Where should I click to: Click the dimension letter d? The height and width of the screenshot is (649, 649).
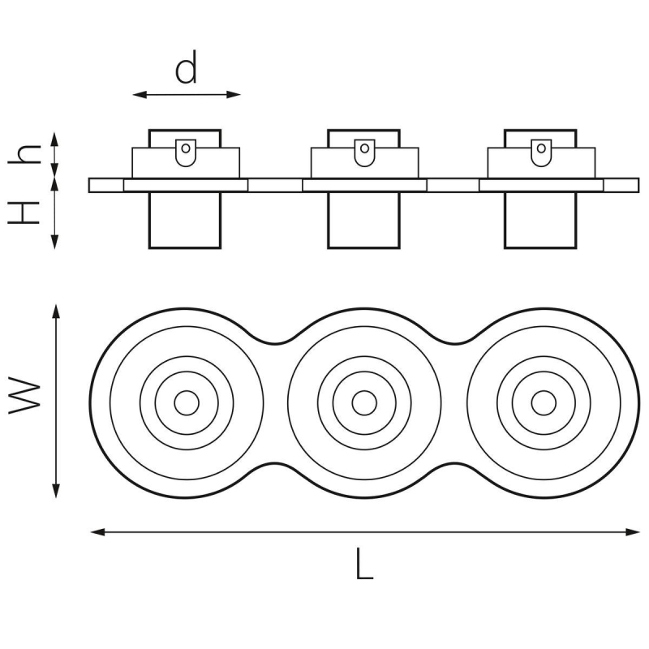[x=187, y=70]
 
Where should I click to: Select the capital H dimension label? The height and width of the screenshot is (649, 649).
[x=26, y=213]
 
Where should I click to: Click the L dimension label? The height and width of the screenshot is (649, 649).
[x=364, y=563]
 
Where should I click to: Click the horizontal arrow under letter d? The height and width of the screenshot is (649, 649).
[x=187, y=95]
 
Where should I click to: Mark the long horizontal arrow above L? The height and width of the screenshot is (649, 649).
[x=364, y=532]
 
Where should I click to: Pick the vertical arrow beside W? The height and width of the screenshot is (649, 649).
[x=55, y=402]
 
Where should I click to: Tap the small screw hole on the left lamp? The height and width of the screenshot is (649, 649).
[x=187, y=148]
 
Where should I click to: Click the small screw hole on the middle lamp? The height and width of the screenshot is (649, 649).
[x=364, y=148]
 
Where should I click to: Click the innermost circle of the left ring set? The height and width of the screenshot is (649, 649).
[x=187, y=402]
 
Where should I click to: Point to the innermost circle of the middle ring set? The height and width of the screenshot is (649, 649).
[x=364, y=402]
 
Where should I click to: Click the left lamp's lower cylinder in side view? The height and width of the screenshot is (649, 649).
[x=186, y=220]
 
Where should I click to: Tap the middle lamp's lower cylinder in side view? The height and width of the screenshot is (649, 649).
[x=364, y=220]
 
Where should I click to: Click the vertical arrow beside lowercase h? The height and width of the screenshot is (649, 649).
[x=55, y=154]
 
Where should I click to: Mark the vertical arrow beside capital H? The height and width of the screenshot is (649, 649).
[x=55, y=213]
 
